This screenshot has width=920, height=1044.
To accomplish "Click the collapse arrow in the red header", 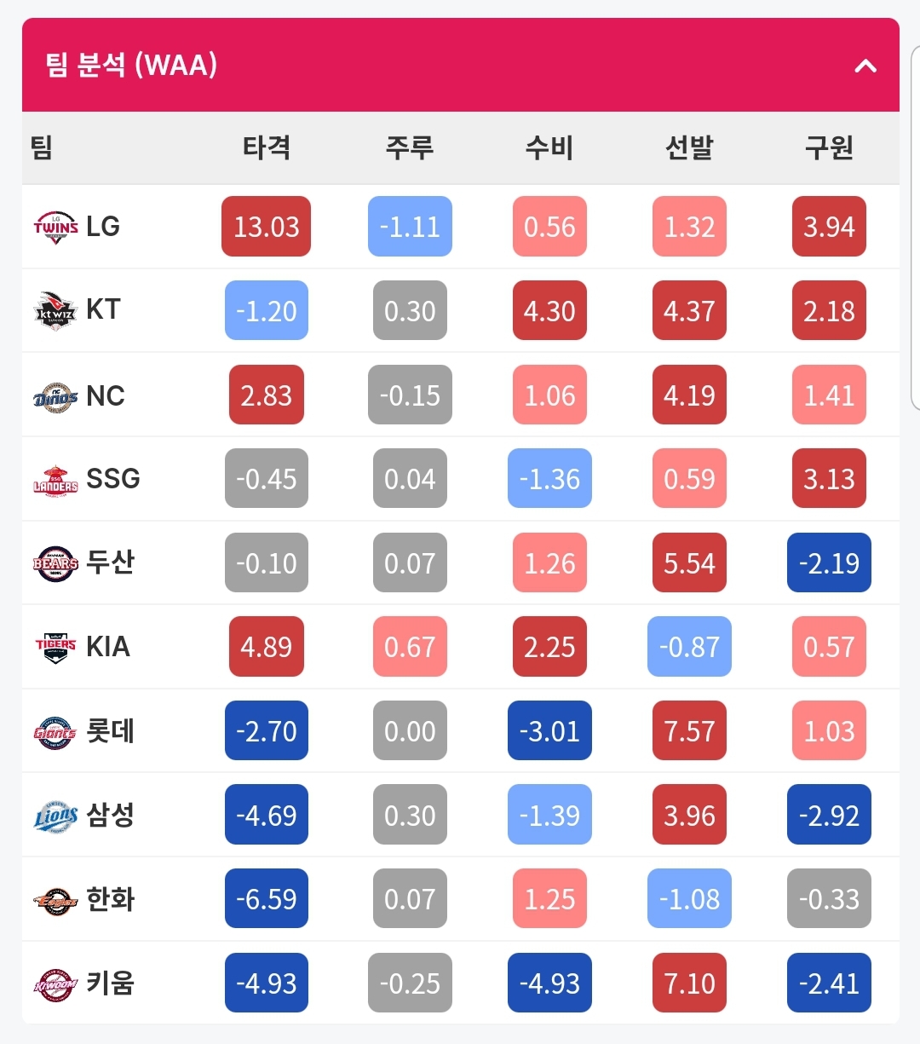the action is (865, 66).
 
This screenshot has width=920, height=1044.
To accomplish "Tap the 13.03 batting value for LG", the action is (267, 226).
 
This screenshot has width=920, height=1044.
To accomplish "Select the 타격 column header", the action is (267, 147).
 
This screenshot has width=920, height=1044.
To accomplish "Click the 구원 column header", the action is (829, 147).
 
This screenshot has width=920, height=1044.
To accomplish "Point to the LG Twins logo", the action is (55, 227).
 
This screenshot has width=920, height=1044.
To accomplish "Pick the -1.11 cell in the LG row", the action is (410, 226).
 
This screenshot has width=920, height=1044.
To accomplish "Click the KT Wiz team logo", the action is (55, 310).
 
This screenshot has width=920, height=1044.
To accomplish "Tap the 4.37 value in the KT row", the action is (689, 310).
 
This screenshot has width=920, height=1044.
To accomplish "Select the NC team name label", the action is (106, 395).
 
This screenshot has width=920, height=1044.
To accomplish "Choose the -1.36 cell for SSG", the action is (549, 478).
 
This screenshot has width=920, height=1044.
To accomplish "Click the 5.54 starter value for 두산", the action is (689, 562).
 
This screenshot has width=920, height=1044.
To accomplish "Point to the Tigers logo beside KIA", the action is (55, 648).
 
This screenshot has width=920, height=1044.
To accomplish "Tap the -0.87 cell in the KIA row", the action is (689, 646).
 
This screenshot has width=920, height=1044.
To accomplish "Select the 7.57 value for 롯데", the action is (689, 730).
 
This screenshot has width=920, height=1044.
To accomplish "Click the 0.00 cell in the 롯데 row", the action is (410, 730).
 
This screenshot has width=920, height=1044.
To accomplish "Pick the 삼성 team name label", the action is (110, 815).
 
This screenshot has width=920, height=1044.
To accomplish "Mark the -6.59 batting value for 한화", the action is (267, 898).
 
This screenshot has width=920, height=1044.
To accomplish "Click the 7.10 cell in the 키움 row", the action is (689, 983).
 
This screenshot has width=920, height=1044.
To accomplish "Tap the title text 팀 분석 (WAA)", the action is (131, 65).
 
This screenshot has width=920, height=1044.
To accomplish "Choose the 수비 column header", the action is (549, 147).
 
